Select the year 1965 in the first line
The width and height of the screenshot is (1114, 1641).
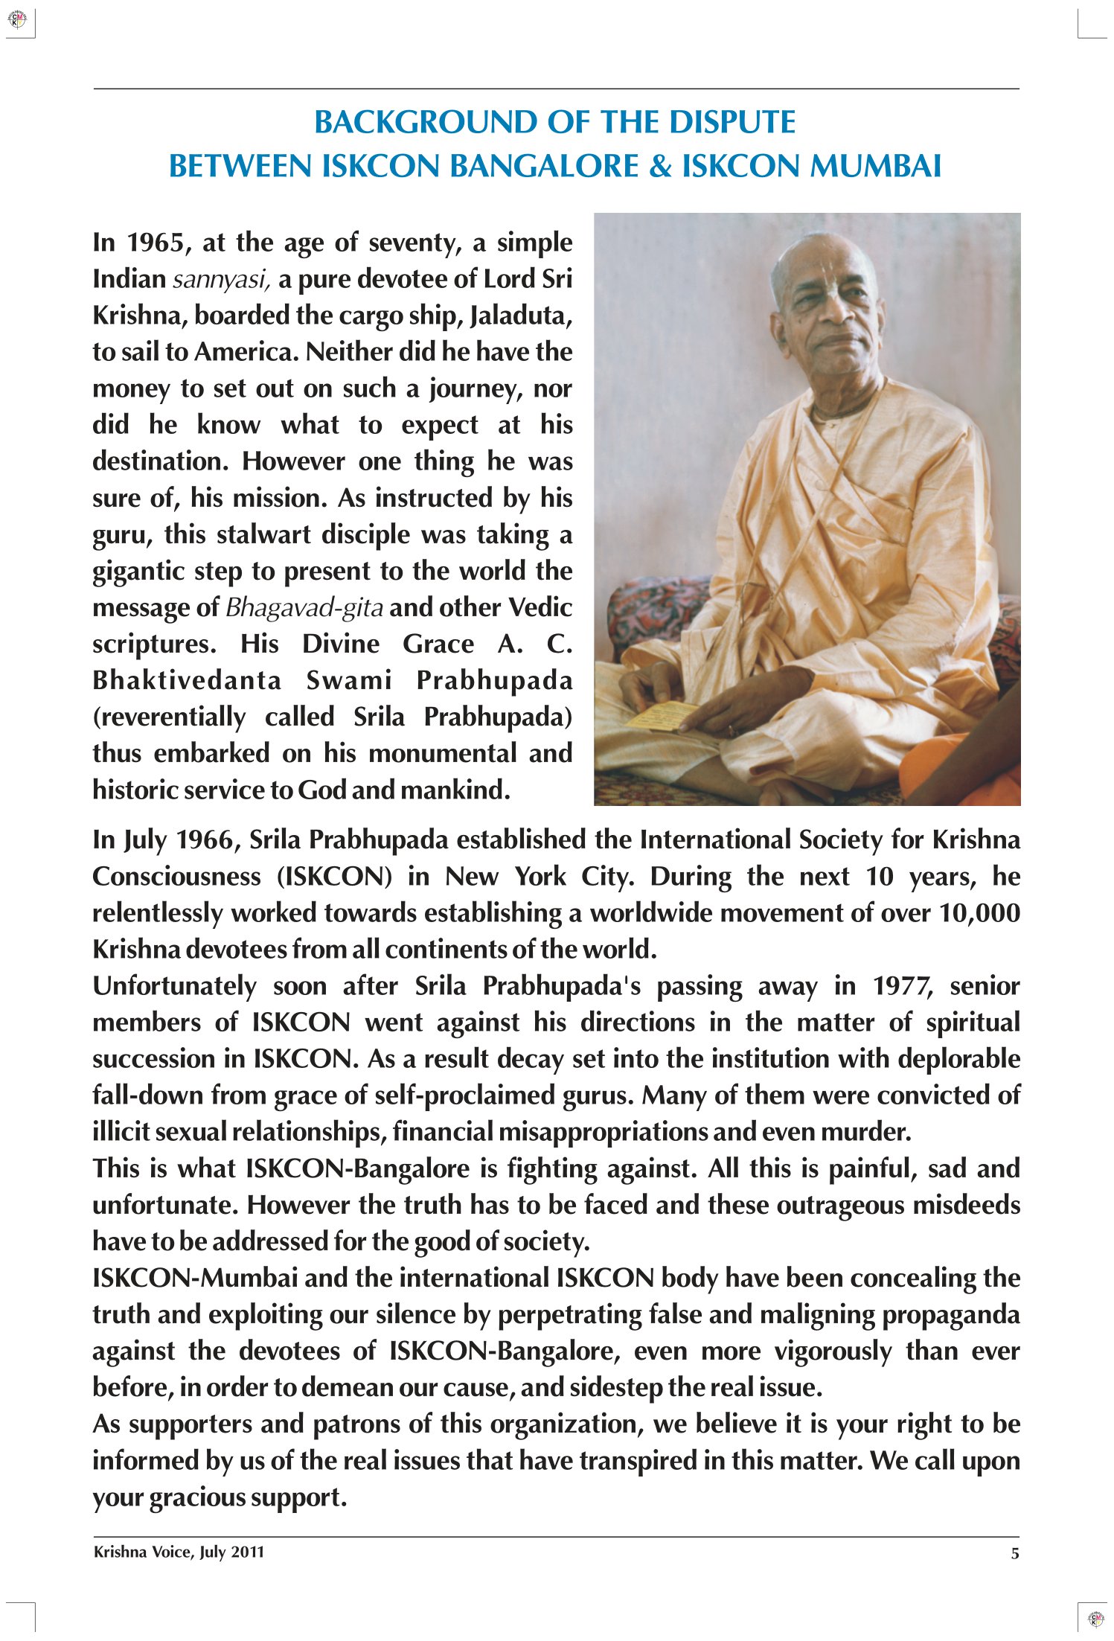tap(156, 243)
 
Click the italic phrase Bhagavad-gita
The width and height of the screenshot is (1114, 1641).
tap(304, 608)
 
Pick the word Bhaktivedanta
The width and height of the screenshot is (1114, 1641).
tap(187, 681)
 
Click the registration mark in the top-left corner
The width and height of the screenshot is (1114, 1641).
tap(17, 20)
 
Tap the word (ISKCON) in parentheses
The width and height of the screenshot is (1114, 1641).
tap(334, 877)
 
